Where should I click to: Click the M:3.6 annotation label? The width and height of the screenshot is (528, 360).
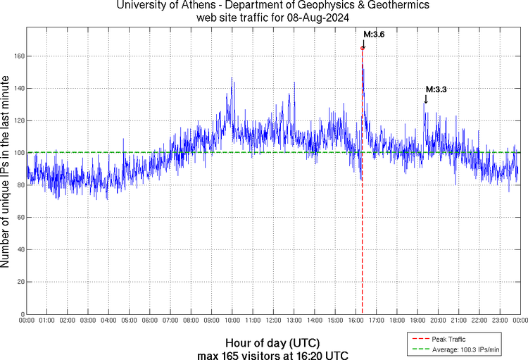[x=375, y=34]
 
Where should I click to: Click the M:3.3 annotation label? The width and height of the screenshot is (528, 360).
[x=436, y=89]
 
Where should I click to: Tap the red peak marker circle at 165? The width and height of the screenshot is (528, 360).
[x=363, y=48]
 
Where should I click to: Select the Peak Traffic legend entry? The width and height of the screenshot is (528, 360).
[x=448, y=340]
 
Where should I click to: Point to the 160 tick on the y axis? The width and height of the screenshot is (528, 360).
[x=20, y=56]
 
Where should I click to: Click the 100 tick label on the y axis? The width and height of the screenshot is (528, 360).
[x=20, y=153]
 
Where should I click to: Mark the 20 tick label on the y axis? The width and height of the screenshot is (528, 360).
[x=21, y=282]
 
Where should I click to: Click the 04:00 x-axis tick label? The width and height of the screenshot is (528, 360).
[x=109, y=321]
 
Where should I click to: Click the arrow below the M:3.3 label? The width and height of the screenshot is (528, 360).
[x=425, y=100]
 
